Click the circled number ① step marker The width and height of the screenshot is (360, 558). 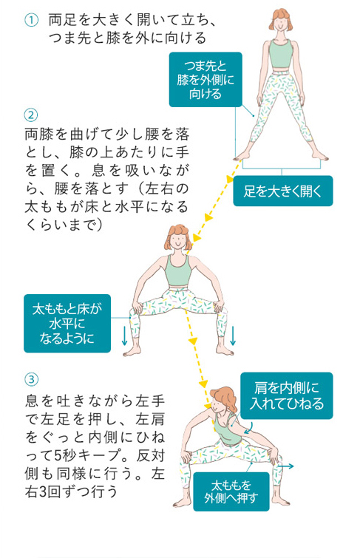coord(31,20)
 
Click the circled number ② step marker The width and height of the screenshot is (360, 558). coord(31,115)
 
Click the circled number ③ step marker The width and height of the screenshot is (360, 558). coord(31,379)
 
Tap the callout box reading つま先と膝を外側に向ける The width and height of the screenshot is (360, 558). coord(206,79)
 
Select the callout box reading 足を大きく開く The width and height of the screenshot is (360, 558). coord(282,191)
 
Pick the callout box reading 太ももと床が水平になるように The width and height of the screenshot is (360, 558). coord(67,323)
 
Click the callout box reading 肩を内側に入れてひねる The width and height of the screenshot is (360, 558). coord(286,395)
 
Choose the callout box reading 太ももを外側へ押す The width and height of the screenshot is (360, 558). coord(231,491)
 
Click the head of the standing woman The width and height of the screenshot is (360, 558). coord(281,20)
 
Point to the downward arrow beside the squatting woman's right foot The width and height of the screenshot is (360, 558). coord(233,336)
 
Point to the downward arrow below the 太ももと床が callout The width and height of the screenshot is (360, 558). coord(124,336)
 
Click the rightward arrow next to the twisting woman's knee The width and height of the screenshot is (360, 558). coord(286,466)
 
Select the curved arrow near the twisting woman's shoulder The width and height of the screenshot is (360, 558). coord(249,428)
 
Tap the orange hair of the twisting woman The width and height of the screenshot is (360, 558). coord(225,398)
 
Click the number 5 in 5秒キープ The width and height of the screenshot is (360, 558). coord(58,455)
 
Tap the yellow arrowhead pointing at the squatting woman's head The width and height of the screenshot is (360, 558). coord(196,238)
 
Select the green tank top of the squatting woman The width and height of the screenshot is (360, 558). coord(177,270)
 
